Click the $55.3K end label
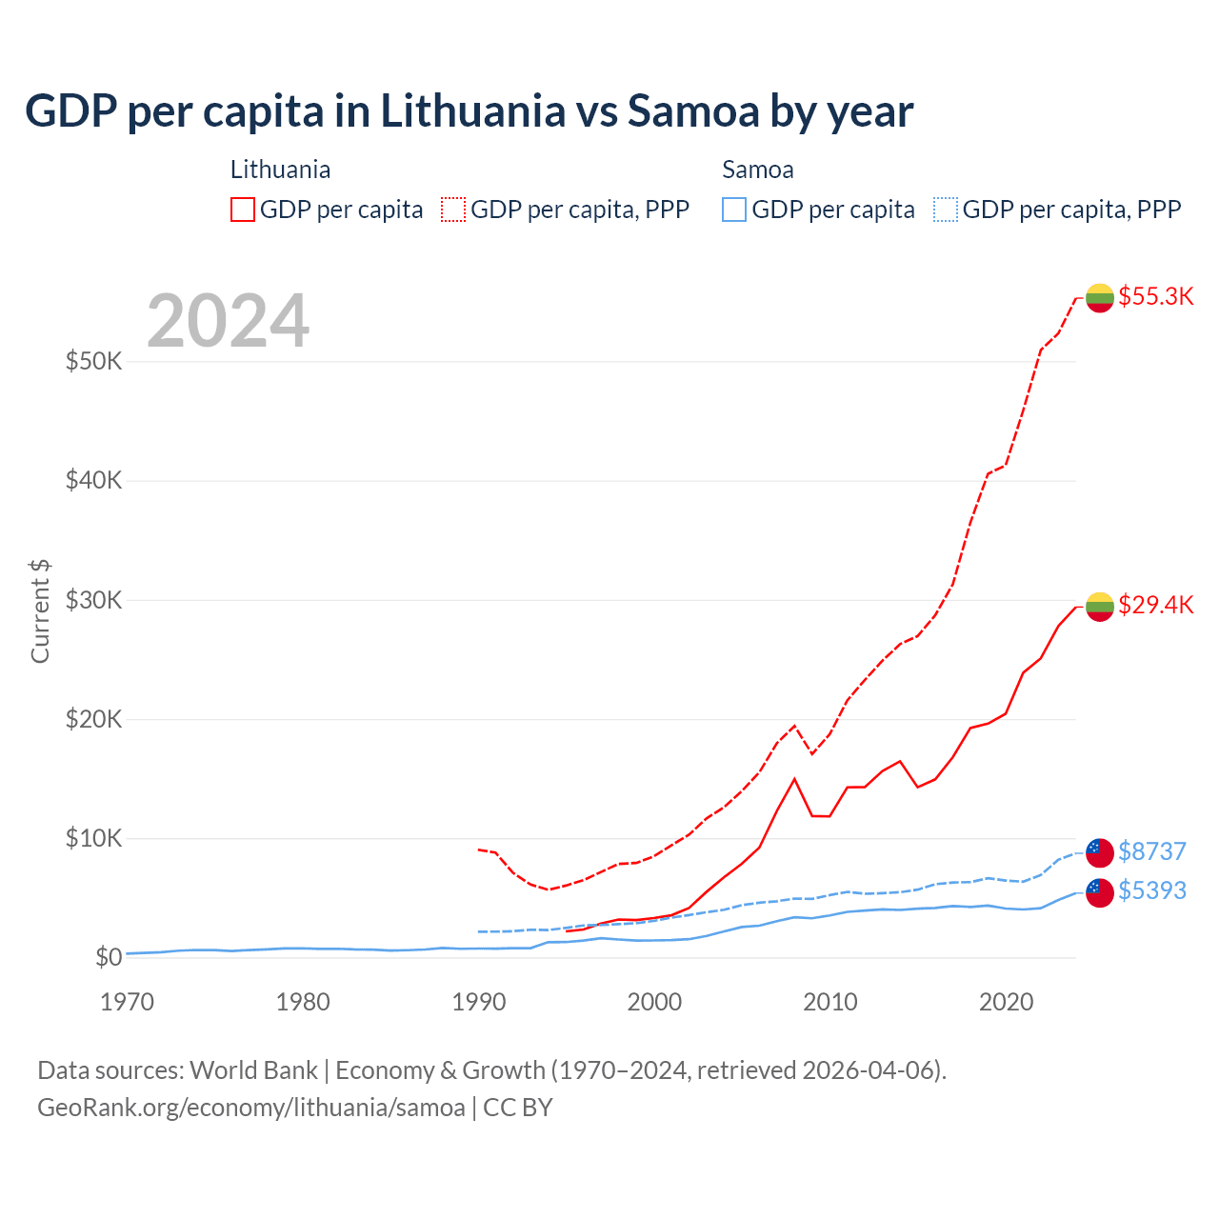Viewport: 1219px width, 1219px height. point(1155,296)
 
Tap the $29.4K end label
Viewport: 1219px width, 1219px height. point(1155,605)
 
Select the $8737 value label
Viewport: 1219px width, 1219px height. point(1151,850)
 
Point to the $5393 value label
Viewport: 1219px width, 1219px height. point(1151,890)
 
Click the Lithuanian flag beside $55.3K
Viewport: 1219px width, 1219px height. point(1100,298)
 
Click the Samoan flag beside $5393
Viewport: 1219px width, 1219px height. point(1100,892)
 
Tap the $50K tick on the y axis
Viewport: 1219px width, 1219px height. point(93,362)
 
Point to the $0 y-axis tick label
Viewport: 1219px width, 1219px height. point(108,957)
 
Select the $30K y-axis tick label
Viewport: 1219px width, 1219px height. point(93,600)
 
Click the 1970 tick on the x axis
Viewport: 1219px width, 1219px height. point(127,1002)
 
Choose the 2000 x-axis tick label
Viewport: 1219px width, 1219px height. point(654,1002)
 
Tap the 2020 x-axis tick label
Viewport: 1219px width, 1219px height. point(1006,1002)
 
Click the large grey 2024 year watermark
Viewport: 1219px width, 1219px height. point(228,321)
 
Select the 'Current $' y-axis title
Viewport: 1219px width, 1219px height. point(40,611)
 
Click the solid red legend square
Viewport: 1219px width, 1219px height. point(243,210)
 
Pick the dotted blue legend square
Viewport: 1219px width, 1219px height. point(946,210)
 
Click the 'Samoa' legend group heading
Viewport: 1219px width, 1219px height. point(757,170)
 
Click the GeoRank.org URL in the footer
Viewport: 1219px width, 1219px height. point(250,1108)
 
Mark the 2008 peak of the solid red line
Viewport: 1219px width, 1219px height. point(794,779)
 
